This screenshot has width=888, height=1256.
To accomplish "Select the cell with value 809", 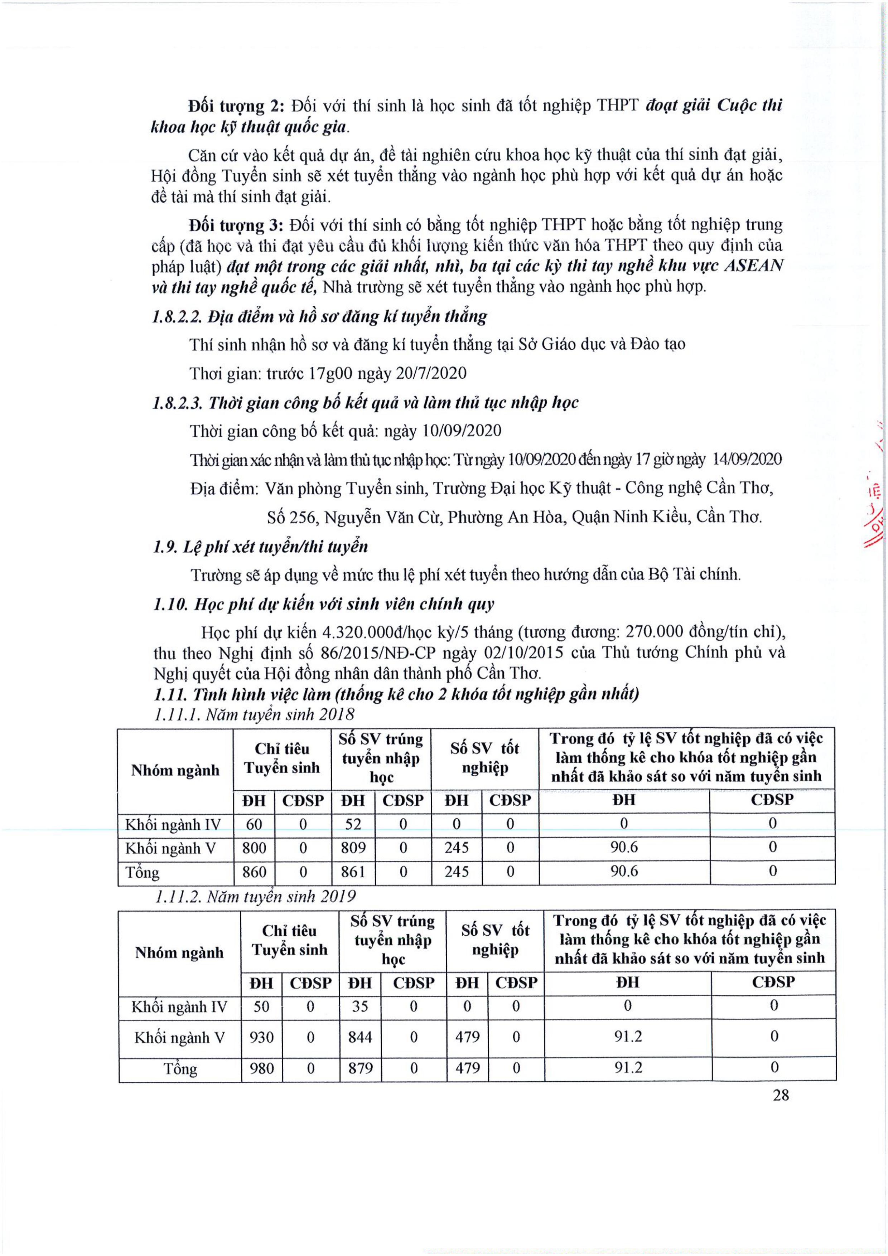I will (x=353, y=848).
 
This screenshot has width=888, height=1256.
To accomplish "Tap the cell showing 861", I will (x=353, y=872).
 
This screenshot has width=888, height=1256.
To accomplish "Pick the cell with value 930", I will (x=261, y=1037).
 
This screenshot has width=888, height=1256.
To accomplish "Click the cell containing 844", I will (x=359, y=1037).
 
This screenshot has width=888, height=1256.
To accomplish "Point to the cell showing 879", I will (x=359, y=1068).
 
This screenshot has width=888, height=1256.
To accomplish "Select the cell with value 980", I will (x=261, y=1068).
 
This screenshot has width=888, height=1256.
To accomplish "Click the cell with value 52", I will (x=353, y=824).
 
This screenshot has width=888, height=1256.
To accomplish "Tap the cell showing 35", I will (x=359, y=1007).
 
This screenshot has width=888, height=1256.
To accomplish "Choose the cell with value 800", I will (x=254, y=848).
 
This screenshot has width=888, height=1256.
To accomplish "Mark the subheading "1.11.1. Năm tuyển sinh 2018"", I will (x=255, y=714).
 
